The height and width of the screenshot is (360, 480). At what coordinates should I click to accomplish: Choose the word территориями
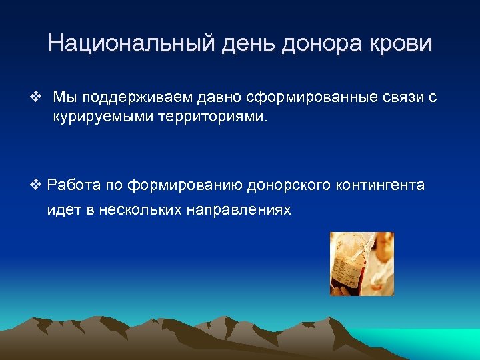[x=214, y=118]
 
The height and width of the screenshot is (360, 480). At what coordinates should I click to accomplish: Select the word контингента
[x=382, y=185]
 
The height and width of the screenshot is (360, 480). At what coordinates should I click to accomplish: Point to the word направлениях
[x=239, y=209]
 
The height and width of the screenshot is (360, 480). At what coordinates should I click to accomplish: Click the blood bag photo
[x=362, y=264]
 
